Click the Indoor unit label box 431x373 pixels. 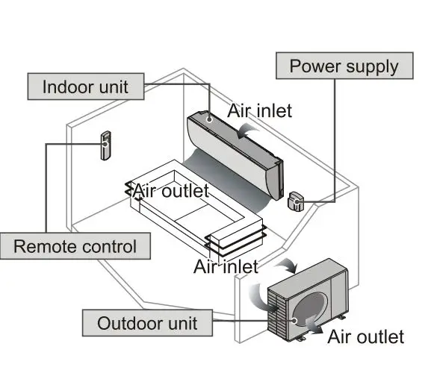pos(84,86)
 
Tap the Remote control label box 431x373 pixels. pos(75,246)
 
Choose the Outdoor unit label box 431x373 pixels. pos(146,323)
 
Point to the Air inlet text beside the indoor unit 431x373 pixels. pos(259,110)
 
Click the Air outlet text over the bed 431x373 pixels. pos(170,191)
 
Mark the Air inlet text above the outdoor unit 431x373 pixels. pos(225,266)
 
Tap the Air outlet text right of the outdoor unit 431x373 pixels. pos(365,336)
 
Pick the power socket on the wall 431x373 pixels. pos(296,200)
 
